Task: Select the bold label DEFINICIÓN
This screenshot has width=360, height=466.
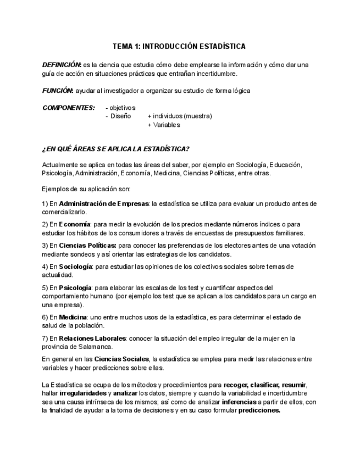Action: pyautogui.click(x=62, y=65)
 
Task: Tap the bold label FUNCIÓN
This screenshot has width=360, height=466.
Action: pyautogui.click(x=58, y=91)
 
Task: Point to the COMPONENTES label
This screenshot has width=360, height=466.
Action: pyautogui.click(x=69, y=108)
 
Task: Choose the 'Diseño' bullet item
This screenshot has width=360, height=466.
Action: pyautogui.click(x=120, y=116)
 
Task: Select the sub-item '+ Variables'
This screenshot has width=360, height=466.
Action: pyautogui.click(x=164, y=125)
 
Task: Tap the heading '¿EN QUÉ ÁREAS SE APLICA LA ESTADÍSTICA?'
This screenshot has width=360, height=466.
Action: pyautogui.click(x=116, y=149)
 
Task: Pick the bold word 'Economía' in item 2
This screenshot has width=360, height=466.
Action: pyautogui.click(x=75, y=224)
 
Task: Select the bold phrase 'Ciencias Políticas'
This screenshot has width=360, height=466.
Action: pyautogui.click(x=87, y=246)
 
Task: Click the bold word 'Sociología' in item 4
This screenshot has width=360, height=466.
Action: pyautogui.click(x=76, y=267)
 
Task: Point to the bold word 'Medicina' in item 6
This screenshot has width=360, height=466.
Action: pyautogui.click(x=73, y=317)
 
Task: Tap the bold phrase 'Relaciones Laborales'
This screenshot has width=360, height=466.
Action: pyautogui.click(x=92, y=339)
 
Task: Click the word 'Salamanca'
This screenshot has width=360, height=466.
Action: pyautogui.click(x=96, y=347)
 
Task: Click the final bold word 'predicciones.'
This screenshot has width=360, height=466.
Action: pyautogui.click(x=259, y=410)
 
